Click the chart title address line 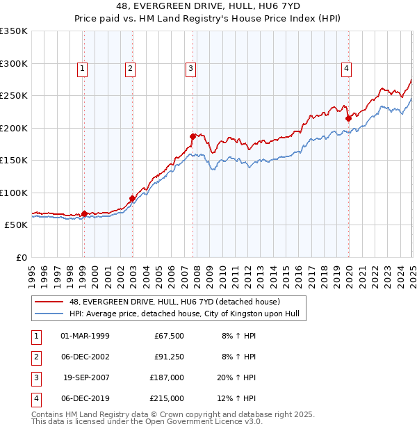coord(208,8)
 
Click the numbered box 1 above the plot coord(82,68)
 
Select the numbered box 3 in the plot coord(190,68)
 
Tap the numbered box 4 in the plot coord(345,68)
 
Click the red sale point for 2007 coord(193,136)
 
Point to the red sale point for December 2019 coord(349,118)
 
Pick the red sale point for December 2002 coord(132,198)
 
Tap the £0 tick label coord(21,257)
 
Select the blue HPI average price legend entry coord(184,314)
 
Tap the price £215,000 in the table coord(167,398)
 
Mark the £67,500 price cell coord(169,336)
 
